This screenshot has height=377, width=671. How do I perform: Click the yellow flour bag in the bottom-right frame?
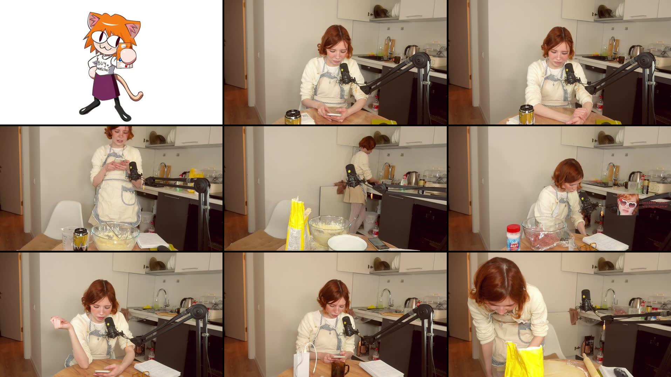tap(524, 359)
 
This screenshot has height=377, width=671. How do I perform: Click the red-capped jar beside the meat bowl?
tap(513, 237)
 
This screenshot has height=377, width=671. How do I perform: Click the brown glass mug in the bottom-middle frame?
tap(340, 369)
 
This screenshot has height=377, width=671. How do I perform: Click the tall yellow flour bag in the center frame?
tap(296, 224)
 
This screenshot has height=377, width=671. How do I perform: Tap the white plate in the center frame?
tap(347, 242)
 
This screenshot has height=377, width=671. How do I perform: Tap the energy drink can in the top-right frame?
tap(526, 114)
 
